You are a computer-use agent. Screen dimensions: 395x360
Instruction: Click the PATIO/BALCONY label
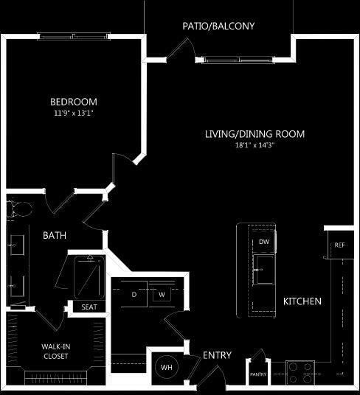[x=218, y=26]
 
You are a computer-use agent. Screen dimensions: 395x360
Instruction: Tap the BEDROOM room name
[x=74, y=102]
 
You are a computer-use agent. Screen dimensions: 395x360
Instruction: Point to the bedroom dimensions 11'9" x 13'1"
[x=74, y=113]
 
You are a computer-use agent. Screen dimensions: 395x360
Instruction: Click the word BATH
[x=55, y=236]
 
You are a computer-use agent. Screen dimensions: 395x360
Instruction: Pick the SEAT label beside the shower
[x=89, y=307]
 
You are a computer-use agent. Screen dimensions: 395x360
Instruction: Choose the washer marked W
[x=161, y=294]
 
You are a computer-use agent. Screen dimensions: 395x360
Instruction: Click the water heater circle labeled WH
[x=167, y=366]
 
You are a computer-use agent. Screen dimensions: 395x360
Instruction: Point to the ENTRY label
[x=217, y=355]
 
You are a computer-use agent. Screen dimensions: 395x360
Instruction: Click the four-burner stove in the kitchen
[x=300, y=373]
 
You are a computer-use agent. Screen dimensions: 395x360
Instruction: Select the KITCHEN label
[x=302, y=301]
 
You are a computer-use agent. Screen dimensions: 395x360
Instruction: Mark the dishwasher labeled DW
[x=263, y=242]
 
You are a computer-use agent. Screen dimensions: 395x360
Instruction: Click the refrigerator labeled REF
[x=339, y=245]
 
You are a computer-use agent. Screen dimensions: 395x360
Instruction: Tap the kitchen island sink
[x=263, y=265]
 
